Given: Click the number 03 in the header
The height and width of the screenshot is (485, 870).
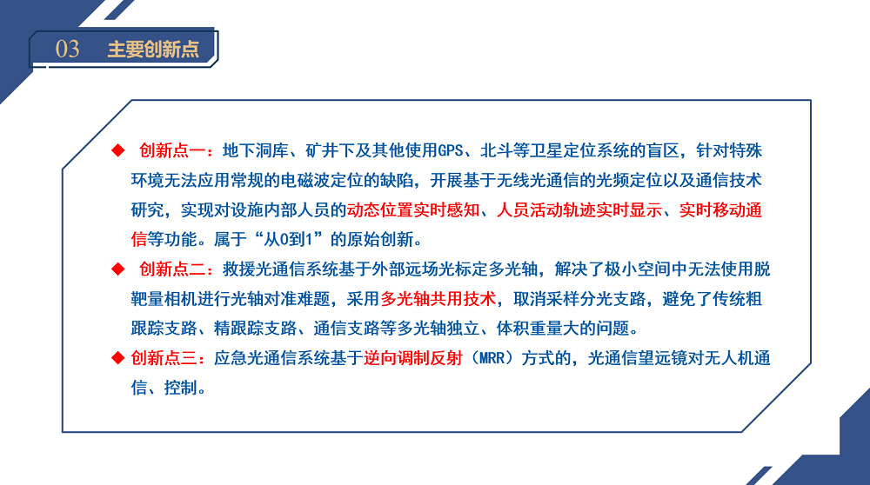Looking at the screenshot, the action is (x=67, y=50).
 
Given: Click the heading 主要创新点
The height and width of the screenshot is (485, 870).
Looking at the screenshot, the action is (x=153, y=50).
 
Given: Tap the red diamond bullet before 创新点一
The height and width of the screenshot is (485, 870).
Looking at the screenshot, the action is (x=117, y=150).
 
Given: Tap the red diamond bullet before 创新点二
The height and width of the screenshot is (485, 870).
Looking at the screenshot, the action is (x=117, y=269).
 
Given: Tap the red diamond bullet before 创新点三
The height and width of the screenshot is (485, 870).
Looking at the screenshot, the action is (x=117, y=358).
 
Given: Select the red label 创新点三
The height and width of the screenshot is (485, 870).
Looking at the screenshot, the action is (x=164, y=358).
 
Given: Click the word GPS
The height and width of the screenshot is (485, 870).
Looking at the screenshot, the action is (x=451, y=150).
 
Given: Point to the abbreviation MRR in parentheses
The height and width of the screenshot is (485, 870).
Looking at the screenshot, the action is (x=492, y=358).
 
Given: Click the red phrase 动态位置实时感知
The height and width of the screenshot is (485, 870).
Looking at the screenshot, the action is (x=413, y=210).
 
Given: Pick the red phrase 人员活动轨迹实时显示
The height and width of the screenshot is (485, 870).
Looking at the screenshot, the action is (x=579, y=210).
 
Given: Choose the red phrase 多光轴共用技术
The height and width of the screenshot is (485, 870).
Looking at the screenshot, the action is (x=438, y=299).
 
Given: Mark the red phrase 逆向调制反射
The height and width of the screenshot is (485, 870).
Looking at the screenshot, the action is (x=413, y=358).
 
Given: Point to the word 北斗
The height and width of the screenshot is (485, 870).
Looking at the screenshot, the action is (x=497, y=150).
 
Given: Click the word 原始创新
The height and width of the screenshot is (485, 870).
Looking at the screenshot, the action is (x=381, y=239).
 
